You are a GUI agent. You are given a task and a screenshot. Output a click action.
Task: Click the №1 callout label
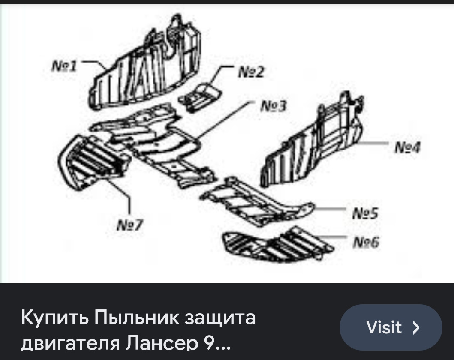tap(64, 66)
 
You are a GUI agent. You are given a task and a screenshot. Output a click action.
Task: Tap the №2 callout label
tap(251, 72)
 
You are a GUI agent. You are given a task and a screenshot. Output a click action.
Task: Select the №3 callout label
tap(273, 106)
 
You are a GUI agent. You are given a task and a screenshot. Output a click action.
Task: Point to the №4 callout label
tap(407, 148)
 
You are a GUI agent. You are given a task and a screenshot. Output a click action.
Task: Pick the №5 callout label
tap(365, 213)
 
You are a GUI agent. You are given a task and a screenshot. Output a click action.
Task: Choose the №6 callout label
tap(366, 243)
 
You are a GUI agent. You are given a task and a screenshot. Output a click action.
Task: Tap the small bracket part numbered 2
tap(199, 96)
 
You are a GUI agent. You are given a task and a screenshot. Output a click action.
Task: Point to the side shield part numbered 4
tap(313, 141)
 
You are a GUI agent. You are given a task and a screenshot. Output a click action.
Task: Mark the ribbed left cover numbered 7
tap(92, 161)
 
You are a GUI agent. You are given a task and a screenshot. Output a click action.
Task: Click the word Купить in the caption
tap(54, 318)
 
